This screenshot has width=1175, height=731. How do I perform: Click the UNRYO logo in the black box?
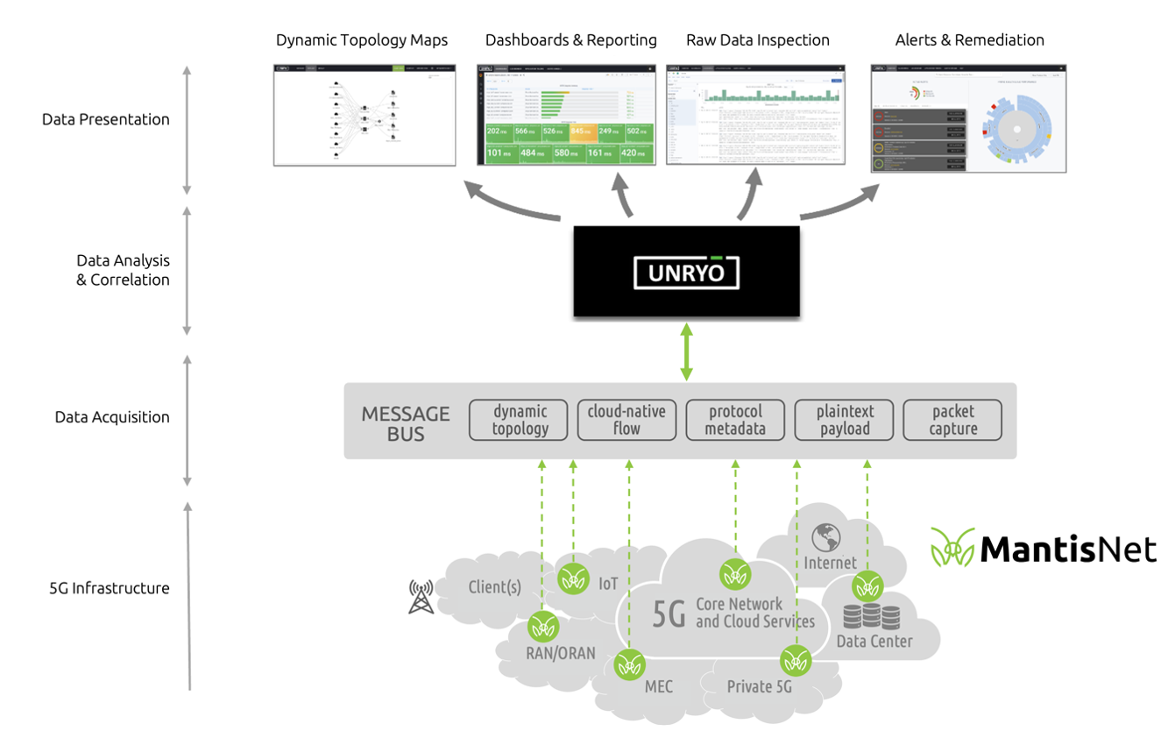(x=686, y=273)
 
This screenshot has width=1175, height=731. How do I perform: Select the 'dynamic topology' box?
(x=520, y=420)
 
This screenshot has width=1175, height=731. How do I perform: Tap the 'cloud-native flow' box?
(x=626, y=420)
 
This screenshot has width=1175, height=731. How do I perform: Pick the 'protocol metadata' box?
(x=735, y=420)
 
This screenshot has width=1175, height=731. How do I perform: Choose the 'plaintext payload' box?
(x=845, y=420)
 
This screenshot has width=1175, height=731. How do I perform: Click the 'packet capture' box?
(x=952, y=420)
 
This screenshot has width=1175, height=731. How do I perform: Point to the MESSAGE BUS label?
(x=406, y=422)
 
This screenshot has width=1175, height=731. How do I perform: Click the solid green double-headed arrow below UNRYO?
(x=686, y=351)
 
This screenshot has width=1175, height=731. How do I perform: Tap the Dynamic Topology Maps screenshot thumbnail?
(x=365, y=115)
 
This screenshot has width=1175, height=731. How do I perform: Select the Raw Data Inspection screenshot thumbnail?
(x=755, y=115)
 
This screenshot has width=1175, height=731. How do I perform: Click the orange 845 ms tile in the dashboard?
(x=582, y=132)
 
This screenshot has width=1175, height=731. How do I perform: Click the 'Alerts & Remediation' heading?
(x=969, y=40)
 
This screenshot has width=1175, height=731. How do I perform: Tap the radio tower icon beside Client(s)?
(x=421, y=596)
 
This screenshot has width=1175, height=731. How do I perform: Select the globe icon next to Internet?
(x=825, y=536)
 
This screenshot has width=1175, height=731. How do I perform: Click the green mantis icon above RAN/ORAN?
(x=543, y=627)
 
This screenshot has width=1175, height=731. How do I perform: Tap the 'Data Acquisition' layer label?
(x=112, y=417)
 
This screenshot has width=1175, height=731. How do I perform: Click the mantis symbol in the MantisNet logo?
(x=952, y=548)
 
